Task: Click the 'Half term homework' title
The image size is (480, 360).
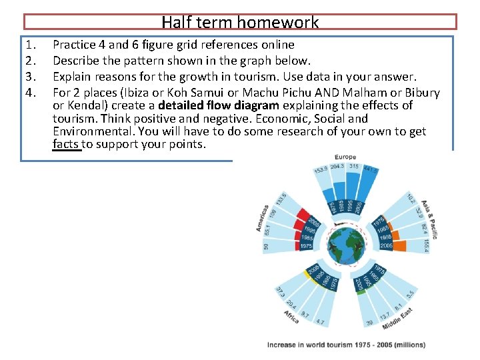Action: point(240,22)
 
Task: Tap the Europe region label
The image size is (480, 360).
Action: point(345,157)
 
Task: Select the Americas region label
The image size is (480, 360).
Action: point(263,218)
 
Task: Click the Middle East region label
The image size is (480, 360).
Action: point(397,318)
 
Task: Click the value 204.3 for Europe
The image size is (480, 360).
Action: point(337,167)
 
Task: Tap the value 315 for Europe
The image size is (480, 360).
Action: point(354,167)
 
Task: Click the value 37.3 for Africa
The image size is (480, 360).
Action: point(280,292)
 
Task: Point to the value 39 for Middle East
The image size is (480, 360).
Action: point(369,323)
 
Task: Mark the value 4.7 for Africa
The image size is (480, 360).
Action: point(320,322)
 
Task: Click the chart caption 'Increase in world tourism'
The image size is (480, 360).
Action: point(345,345)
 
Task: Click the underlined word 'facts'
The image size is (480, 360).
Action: point(67,145)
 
